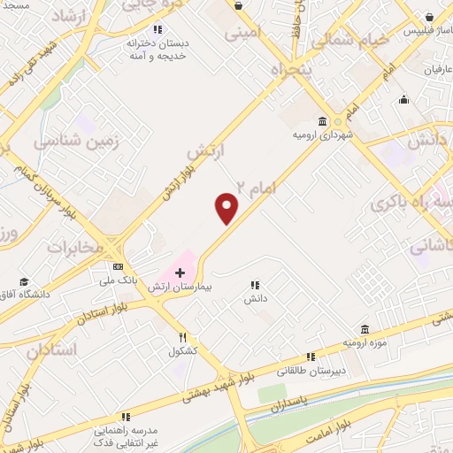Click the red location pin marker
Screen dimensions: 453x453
(227, 208)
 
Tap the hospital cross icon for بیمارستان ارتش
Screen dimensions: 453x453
(180, 273)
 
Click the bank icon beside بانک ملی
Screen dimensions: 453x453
(118, 266)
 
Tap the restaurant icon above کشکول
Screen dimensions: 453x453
(183, 337)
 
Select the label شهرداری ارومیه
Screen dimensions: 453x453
(319, 134)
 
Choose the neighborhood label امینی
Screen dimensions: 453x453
(246, 35)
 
